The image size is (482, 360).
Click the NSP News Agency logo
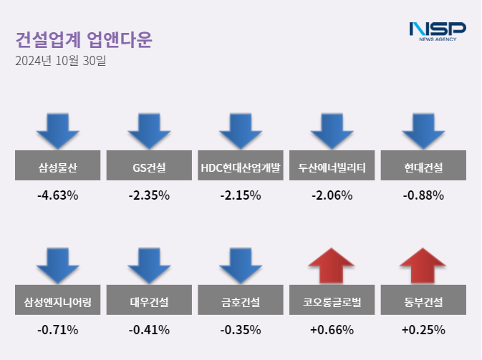(x=437, y=31)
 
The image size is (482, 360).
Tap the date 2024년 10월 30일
(x=60, y=61)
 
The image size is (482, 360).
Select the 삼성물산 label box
(x=58, y=168)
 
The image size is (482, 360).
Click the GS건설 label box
(x=149, y=168)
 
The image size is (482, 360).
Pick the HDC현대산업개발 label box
(x=241, y=168)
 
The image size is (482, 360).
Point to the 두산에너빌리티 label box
(x=332, y=168)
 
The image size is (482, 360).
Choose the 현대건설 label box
(x=423, y=168)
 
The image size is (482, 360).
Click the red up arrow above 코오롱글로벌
(x=332, y=266)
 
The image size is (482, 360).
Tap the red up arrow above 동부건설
(x=423, y=266)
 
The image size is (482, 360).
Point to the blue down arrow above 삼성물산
(x=58, y=131)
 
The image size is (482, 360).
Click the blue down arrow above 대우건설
(x=149, y=266)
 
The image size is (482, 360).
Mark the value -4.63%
(x=58, y=195)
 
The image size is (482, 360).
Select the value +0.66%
(x=332, y=329)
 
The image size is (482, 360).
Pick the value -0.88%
(x=423, y=195)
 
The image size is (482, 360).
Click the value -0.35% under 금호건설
(x=241, y=329)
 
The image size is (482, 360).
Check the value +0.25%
(x=423, y=329)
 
